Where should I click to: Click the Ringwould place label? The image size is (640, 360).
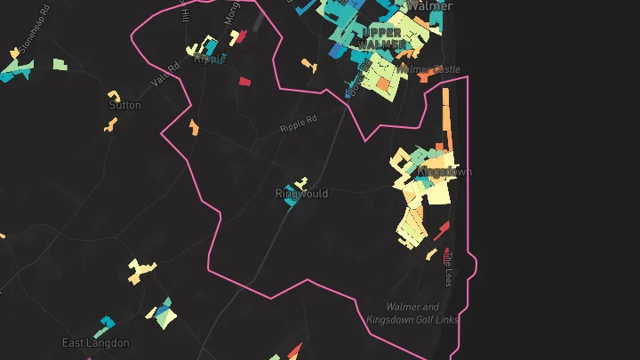pyautogui.click(x=301, y=194)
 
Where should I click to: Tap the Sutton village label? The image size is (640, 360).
pyautogui.click(x=124, y=105)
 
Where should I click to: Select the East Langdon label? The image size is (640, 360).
pyautogui.click(x=95, y=342)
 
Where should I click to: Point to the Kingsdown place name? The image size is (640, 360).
pyautogui.click(x=444, y=171)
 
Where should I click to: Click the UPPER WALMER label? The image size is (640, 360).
pyautogui.click(x=384, y=38)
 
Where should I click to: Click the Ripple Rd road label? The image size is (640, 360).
pyautogui.click(x=298, y=124)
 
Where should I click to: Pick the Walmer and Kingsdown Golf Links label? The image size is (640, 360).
pyautogui.click(x=412, y=313)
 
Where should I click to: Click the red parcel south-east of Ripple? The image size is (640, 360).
pyautogui.click(x=244, y=81)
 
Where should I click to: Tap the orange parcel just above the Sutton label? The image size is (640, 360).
pyautogui.click(x=114, y=94)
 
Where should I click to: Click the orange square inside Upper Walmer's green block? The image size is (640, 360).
pyautogui.click(x=383, y=84)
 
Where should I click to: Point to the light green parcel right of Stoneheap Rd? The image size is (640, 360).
pyautogui.click(x=59, y=64)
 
